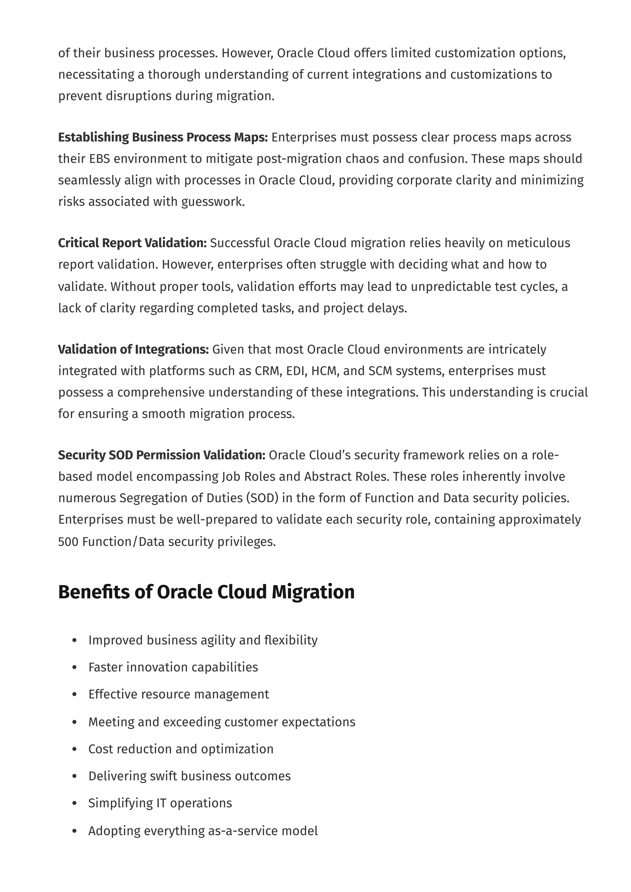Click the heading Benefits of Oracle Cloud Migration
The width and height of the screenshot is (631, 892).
(206, 592)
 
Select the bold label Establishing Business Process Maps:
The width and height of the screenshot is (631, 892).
(163, 137)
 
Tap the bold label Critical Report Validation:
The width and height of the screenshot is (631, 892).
(132, 243)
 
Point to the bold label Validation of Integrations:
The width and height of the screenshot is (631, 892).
(133, 349)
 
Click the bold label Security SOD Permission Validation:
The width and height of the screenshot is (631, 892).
(162, 455)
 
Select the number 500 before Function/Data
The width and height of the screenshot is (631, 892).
(68, 542)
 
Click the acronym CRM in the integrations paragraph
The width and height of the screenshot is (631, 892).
(267, 371)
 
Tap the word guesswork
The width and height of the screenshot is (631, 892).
(213, 202)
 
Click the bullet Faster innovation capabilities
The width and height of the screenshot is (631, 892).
(173, 667)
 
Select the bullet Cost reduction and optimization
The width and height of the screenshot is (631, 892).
(181, 749)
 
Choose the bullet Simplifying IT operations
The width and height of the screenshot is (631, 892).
(160, 803)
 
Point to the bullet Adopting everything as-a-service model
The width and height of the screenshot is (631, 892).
(203, 831)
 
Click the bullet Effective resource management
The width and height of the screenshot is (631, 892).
(178, 694)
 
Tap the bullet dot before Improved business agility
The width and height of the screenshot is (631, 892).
(75, 640)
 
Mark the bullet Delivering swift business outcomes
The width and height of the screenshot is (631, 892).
(189, 776)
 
